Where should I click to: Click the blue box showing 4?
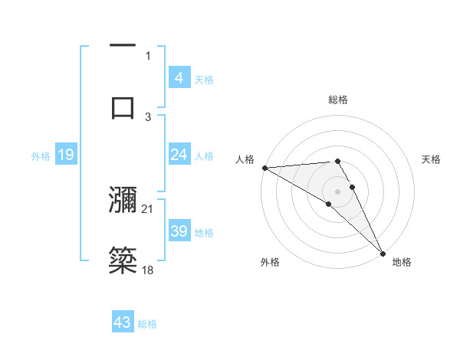(x=179, y=78)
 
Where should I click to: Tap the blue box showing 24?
(x=179, y=155)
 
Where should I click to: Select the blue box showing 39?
(x=179, y=231)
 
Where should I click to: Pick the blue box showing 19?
(x=66, y=155)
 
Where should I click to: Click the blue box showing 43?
(x=123, y=322)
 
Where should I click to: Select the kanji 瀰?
(x=123, y=200)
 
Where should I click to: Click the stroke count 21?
(x=148, y=208)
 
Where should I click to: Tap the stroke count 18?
(x=148, y=270)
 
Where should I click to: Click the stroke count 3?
(x=148, y=116)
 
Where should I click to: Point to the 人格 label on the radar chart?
(x=245, y=159)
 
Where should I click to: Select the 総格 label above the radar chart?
(x=338, y=100)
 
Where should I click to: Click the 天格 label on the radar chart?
(x=432, y=159)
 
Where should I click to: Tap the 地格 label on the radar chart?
(x=402, y=262)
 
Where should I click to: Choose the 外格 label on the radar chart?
(x=270, y=262)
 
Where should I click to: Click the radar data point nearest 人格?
(x=264, y=168)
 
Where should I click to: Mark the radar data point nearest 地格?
(x=383, y=251)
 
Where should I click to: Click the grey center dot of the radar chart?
(x=338, y=190)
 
